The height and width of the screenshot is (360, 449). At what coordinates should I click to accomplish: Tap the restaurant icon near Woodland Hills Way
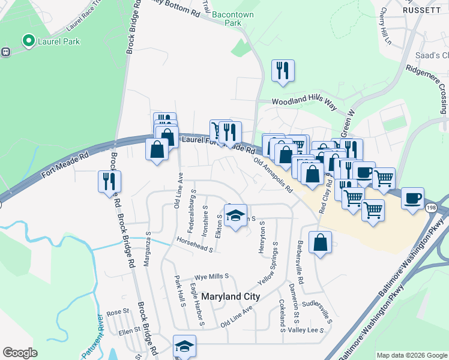282,71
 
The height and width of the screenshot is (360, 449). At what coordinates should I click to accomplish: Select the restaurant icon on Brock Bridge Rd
109,181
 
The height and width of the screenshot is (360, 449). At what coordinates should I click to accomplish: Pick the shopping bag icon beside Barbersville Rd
321,242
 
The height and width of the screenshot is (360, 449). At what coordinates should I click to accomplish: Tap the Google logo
20,353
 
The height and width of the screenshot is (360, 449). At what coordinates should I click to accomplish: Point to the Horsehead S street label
194,244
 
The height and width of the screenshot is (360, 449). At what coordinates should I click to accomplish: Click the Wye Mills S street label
211,277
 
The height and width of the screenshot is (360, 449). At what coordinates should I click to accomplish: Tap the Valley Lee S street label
306,330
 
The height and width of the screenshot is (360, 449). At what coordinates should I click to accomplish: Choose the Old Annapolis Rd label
273,175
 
